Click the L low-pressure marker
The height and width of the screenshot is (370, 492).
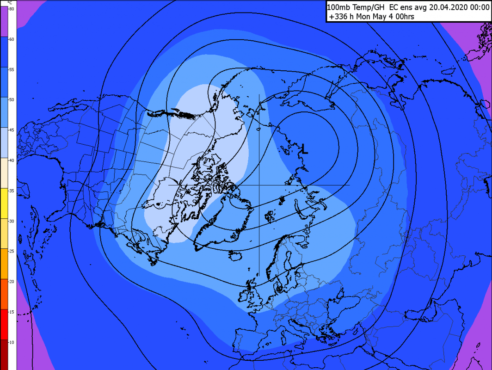(304, 148)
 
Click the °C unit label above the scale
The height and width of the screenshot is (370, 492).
(10, 3)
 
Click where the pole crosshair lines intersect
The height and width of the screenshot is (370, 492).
(259, 185)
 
